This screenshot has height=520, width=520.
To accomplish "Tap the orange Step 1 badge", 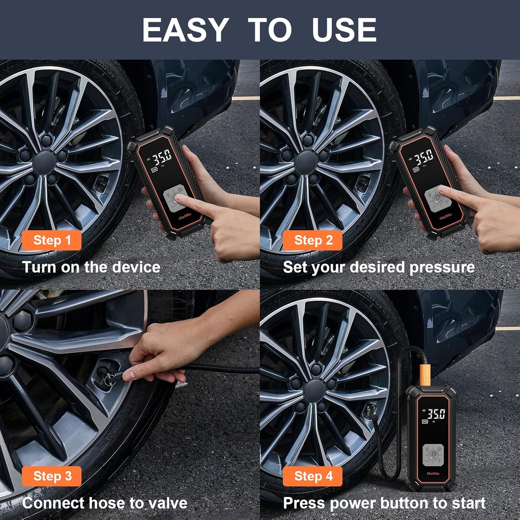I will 52,240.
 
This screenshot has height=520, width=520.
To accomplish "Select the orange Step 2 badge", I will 313,240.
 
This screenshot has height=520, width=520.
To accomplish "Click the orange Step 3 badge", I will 52,476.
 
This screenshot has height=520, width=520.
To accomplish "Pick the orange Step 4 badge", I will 313,476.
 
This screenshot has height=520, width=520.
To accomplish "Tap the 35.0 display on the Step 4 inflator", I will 435,414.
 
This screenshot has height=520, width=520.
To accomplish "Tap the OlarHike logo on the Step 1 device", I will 185,216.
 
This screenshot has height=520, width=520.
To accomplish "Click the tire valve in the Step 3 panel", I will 104,373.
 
